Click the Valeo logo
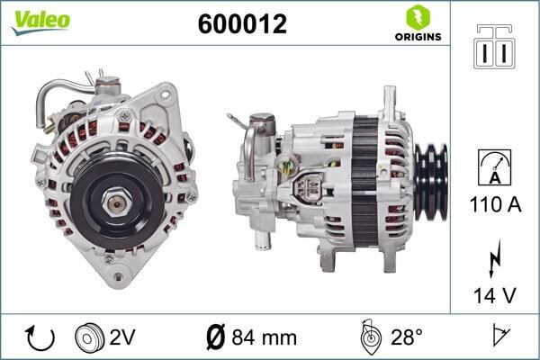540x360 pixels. [40, 21]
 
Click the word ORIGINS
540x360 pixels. [417, 37]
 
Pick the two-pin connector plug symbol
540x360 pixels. [495, 48]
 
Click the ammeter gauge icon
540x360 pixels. [496, 169]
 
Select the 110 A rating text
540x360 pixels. [496, 204]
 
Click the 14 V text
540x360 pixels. [496, 294]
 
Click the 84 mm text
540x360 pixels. [265, 338]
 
